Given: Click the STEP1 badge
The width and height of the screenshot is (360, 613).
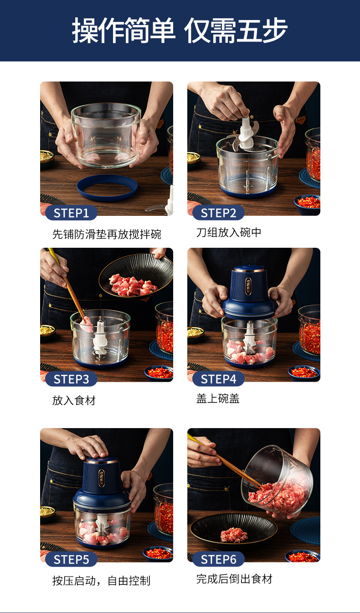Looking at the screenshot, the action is (x=71, y=213).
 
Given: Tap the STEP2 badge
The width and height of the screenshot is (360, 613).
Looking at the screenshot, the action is (x=218, y=213).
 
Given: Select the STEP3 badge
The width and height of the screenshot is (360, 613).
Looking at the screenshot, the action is (x=71, y=379).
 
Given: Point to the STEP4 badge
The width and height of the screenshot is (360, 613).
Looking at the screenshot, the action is (x=218, y=379).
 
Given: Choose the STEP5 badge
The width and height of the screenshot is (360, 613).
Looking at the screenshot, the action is (x=71, y=559).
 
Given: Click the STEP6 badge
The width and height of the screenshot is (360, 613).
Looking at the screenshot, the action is (x=218, y=559).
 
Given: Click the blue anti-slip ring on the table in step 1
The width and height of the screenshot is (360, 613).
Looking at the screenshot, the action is (x=107, y=195).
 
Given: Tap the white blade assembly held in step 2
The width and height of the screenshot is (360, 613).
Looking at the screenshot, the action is (x=245, y=134).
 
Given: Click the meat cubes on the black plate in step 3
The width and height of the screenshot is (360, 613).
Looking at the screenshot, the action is (x=133, y=286).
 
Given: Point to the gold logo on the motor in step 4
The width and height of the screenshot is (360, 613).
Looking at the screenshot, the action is (x=248, y=286).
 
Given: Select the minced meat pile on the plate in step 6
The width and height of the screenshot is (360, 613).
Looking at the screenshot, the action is (x=234, y=535).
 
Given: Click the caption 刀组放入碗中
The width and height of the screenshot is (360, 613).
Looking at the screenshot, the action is (x=229, y=232).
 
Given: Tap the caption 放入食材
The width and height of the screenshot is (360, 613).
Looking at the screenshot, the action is (x=74, y=400).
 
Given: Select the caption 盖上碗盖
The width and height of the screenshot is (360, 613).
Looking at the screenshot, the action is (x=218, y=398).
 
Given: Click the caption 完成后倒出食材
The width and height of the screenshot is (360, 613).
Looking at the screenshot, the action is (x=234, y=579).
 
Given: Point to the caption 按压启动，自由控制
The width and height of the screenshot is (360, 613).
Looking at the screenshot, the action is (x=101, y=580).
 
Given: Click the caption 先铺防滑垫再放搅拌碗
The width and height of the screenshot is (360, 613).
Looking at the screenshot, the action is (x=107, y=234).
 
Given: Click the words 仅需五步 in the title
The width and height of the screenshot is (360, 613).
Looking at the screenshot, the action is (x=236, y=31).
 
